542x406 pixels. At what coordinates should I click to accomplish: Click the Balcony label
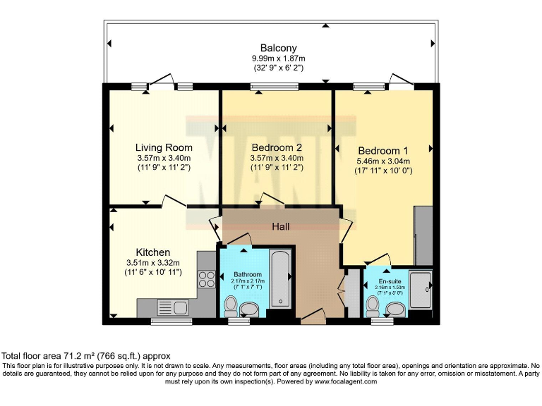(268, 48)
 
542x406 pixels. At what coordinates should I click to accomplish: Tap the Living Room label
(164, 148)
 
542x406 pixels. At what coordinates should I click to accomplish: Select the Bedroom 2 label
(277, 148)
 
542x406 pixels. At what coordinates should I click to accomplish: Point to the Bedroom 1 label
(383, 151)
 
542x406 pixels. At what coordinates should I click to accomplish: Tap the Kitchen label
(153, 252)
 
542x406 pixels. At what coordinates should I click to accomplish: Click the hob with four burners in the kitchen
(207, 279)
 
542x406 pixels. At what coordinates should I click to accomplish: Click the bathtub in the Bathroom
(281, 278)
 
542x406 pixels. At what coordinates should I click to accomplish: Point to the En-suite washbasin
(396, 309)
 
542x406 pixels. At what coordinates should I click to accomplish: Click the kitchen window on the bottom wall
(170, 321)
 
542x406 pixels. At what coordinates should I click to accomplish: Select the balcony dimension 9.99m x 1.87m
(267, 59)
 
